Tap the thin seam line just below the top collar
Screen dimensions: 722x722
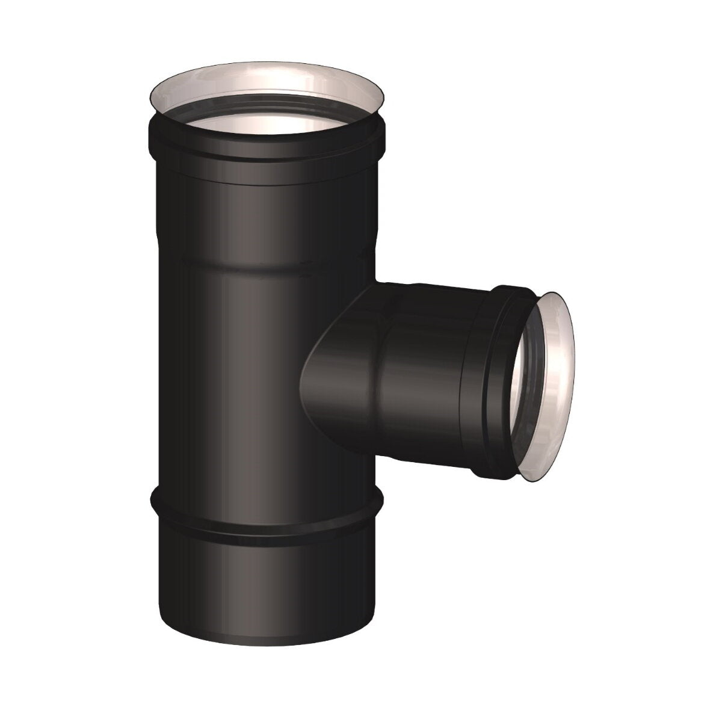[x=265, y=180]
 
